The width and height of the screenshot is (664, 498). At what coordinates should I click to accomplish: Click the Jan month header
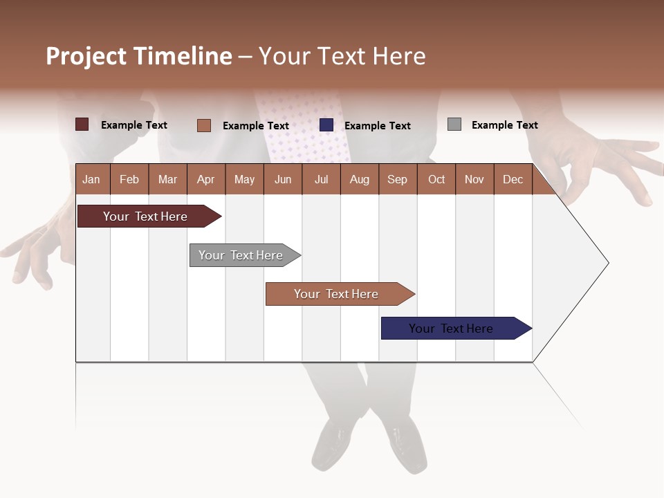[x=91, y=179]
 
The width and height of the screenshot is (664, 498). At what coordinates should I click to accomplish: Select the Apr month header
[x=205, y=179]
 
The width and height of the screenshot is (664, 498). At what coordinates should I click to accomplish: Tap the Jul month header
[x=321, y=179]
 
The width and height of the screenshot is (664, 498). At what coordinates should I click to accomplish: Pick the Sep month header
[x=397, y=179]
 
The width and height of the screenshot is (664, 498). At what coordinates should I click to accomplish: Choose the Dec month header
[x=513, y=179]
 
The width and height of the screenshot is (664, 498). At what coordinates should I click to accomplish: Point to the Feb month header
[x=129, y=179]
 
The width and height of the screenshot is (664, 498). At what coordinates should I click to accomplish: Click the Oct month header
[x=436, y=179]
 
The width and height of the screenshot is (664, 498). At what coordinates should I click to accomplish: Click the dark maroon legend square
[x=82, y=124]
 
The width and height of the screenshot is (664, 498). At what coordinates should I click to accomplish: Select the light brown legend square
[x=204, y=125]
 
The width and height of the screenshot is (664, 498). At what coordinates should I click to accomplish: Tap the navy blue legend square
[x=326, y=125]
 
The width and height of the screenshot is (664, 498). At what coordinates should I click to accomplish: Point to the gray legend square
[x=454, y=124]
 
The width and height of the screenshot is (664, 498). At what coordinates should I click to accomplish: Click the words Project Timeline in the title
[x=139, y=56]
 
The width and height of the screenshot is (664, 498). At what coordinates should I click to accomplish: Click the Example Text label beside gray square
[x=504, y=125]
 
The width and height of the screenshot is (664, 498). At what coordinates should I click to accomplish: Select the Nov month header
[x=474, y=179]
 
